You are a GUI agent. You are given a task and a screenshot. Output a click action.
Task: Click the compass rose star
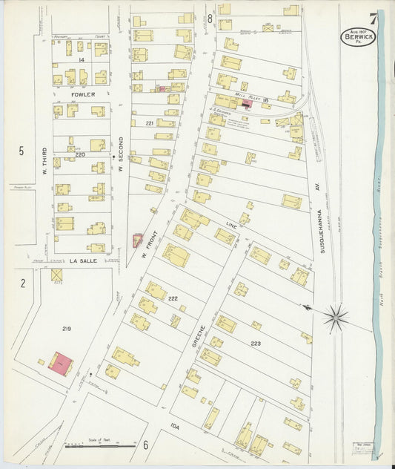[x=335, y=318]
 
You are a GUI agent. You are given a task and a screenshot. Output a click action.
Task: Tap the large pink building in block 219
[x=61, y=364]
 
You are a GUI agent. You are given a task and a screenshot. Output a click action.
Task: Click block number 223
[x=256, y=344]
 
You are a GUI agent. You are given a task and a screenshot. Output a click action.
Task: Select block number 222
[x=173, y=297]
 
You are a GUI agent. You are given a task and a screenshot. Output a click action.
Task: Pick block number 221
[x=149, y=123]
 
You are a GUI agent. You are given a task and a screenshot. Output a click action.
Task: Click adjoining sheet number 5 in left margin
[x=21, y=151]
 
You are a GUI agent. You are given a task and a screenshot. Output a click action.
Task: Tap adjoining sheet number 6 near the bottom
[x=146, y=445]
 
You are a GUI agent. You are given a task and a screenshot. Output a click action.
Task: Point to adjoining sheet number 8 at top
[x=210, y=18]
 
